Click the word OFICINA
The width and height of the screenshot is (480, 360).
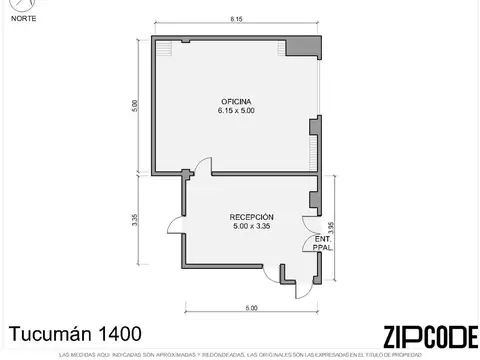236,102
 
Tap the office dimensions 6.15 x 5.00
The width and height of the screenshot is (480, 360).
236,111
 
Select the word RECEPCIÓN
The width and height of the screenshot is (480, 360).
251,218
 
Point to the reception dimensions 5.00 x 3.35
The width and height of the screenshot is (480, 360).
251,227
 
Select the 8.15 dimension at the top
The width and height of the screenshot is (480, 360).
235,20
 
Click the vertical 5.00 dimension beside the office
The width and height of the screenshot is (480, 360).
134,105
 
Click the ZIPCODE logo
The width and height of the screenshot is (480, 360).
424,337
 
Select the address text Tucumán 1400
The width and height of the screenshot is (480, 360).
75,333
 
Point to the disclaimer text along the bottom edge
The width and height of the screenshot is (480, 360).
240,355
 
